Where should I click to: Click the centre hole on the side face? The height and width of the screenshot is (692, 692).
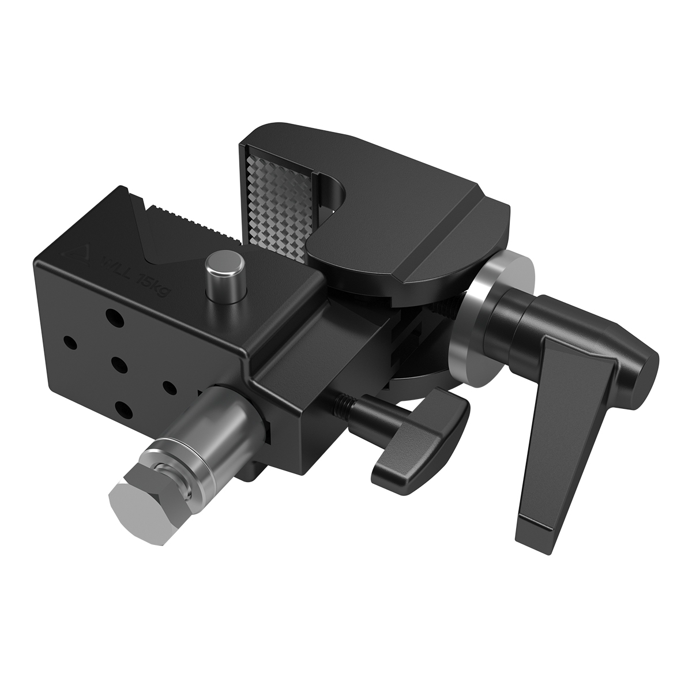coord(119,363)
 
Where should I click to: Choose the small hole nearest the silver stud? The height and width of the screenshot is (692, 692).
coord(169,385)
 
